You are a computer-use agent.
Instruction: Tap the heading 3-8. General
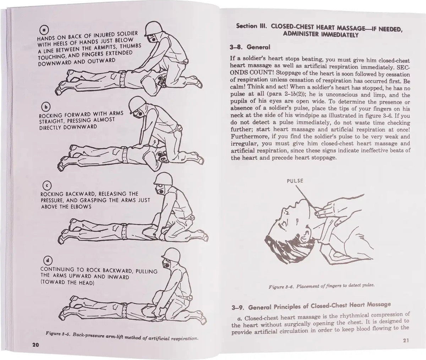251,47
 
